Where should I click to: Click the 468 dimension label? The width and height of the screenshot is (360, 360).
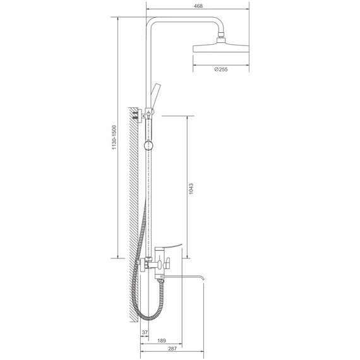(198, 6)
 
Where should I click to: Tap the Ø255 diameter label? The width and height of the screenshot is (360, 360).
(221, 69)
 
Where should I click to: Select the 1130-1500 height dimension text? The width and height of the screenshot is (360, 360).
(114, 137)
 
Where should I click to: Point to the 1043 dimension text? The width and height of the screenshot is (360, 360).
(191, 188)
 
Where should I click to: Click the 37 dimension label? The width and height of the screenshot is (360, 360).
(145, 332)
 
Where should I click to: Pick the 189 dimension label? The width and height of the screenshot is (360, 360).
(162, 340)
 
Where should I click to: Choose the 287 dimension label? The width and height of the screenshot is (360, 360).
(172, 349)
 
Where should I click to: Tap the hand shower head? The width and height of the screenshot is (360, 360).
(155, 97)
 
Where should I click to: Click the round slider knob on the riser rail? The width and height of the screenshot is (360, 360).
(148, 145)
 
